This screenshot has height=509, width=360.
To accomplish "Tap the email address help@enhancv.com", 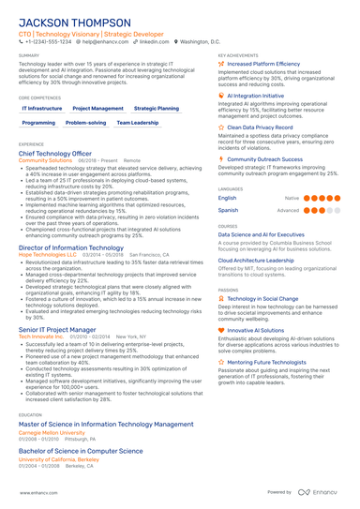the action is (x=103, y=42).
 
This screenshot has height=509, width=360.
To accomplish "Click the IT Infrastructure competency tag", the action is (x=42, y=109).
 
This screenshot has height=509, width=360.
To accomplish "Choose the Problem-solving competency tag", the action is (x=85, y=123).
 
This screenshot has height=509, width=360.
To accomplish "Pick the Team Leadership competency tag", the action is (x=138, y=123).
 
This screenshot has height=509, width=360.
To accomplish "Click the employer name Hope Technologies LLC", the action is (x=48, y=254).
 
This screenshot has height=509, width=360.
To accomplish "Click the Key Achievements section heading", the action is (x=238, y=55).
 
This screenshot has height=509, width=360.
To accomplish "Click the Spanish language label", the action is (x=228, y=211).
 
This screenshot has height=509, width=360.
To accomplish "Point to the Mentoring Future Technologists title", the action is (x=269, y=361).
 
